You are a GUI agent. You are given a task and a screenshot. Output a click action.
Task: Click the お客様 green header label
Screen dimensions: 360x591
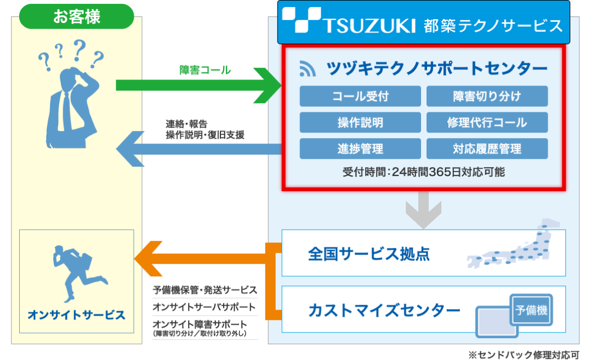point(77,16)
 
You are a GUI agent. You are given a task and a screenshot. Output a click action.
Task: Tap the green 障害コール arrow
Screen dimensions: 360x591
point(197,85)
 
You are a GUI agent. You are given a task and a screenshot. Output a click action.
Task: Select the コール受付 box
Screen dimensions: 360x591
point(360,96)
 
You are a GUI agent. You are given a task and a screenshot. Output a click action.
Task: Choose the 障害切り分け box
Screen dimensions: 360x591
point(487,96)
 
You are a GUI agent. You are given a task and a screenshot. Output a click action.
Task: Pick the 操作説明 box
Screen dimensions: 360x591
point(360,122)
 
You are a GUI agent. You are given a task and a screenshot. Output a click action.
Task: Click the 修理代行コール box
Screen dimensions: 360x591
point(487,122)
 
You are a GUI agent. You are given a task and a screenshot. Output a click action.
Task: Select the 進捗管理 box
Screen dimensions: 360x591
point(360,148)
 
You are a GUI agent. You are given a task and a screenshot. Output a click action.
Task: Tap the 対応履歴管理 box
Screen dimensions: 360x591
point(487,148)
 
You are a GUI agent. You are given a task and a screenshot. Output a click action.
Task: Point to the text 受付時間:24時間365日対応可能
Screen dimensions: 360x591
point(423,172)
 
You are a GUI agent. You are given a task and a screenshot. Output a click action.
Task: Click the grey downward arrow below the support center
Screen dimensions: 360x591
point(423,209)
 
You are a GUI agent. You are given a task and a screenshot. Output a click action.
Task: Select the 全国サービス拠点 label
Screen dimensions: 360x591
point(369,254)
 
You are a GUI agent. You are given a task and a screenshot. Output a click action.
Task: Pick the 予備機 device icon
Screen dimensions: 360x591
point(531,311)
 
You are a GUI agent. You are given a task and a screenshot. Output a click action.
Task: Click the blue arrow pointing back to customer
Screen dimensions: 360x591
point(197,148)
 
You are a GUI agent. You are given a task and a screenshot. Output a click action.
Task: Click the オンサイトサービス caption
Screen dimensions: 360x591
point(76,315)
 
